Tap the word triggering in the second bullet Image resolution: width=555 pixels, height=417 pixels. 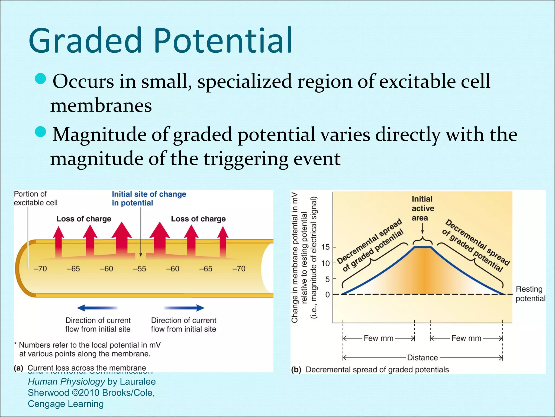(x=246, y=159)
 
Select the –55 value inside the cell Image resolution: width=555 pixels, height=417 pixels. (x=140, y=269)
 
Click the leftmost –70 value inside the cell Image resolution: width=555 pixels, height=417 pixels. (x=40, y=269)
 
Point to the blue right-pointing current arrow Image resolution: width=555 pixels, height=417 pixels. (x=184, y=308)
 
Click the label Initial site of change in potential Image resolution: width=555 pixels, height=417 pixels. (x=149, y=198)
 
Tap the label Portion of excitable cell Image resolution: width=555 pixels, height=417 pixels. (x=36, y=198)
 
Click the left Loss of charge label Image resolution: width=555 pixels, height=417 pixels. (x=84, y=219)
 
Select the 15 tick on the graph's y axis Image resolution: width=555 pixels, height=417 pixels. (x=325, y=247)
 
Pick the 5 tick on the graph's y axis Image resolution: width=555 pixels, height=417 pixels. (x=327, y=279)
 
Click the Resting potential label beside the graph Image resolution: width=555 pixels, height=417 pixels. (x=530, y=294)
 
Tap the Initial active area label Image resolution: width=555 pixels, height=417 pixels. (x=423, y=208)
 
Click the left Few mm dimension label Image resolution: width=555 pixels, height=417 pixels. (x=378, y=338)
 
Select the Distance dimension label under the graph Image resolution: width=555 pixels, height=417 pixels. (x=422, y=358)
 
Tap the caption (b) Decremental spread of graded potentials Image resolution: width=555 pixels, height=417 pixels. (x=370, y=370)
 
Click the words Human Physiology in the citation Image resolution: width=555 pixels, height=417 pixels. (x=66, y=382)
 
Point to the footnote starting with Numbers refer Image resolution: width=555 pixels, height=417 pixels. (x=87, y=349)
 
